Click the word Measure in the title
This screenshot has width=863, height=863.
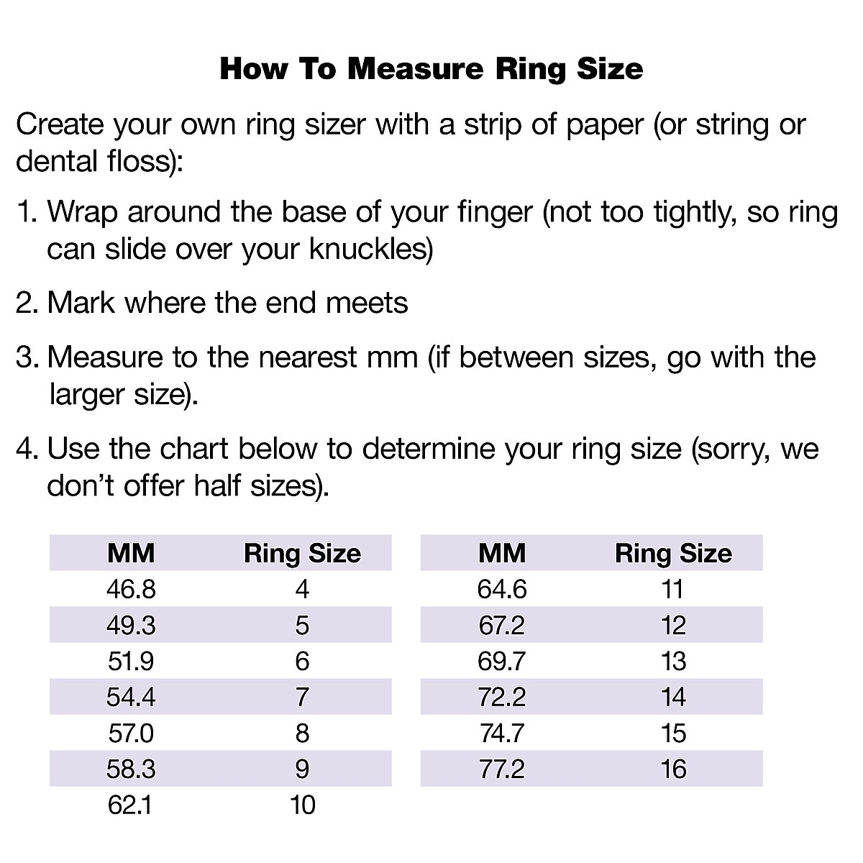(x=415, y=69)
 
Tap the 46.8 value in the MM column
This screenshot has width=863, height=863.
(x=131, y=589)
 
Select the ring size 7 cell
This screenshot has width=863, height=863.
(x=302, y=697)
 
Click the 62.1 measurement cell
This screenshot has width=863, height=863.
(x=130, y=805)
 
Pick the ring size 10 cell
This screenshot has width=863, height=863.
(x=302, y=805)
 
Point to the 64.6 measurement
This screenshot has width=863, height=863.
(x=502, y=589)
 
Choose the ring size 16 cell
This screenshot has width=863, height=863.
(x=673, y=769)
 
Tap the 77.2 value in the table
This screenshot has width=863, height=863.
(x=502, y=769)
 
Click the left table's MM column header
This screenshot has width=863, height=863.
(x=131, y=553)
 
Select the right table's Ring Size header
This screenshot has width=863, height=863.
(x=673, y=553)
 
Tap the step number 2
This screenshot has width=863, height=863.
(x=26, y=303)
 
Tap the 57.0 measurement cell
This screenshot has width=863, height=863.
(x=130, y=733)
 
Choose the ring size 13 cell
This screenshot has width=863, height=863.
(x=673, y=661)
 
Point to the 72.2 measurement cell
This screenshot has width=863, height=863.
(x=502, y=697)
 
